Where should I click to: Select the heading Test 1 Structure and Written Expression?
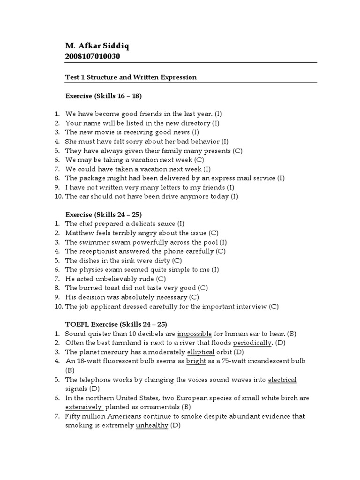[x=130, y=77]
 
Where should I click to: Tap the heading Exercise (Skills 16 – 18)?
[x=103, y=96]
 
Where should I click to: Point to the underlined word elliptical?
[x=200, y=352]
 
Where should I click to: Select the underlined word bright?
[x=196, y=361]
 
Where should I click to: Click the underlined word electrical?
[x=282, y=380]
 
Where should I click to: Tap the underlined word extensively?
[x=83, y=407]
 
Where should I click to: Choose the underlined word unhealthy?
[x=152, y=425]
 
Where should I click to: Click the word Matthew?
[x=79, y=233]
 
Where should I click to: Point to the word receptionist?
[x=97, y=251]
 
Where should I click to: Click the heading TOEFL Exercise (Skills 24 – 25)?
[x=116, y=324]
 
